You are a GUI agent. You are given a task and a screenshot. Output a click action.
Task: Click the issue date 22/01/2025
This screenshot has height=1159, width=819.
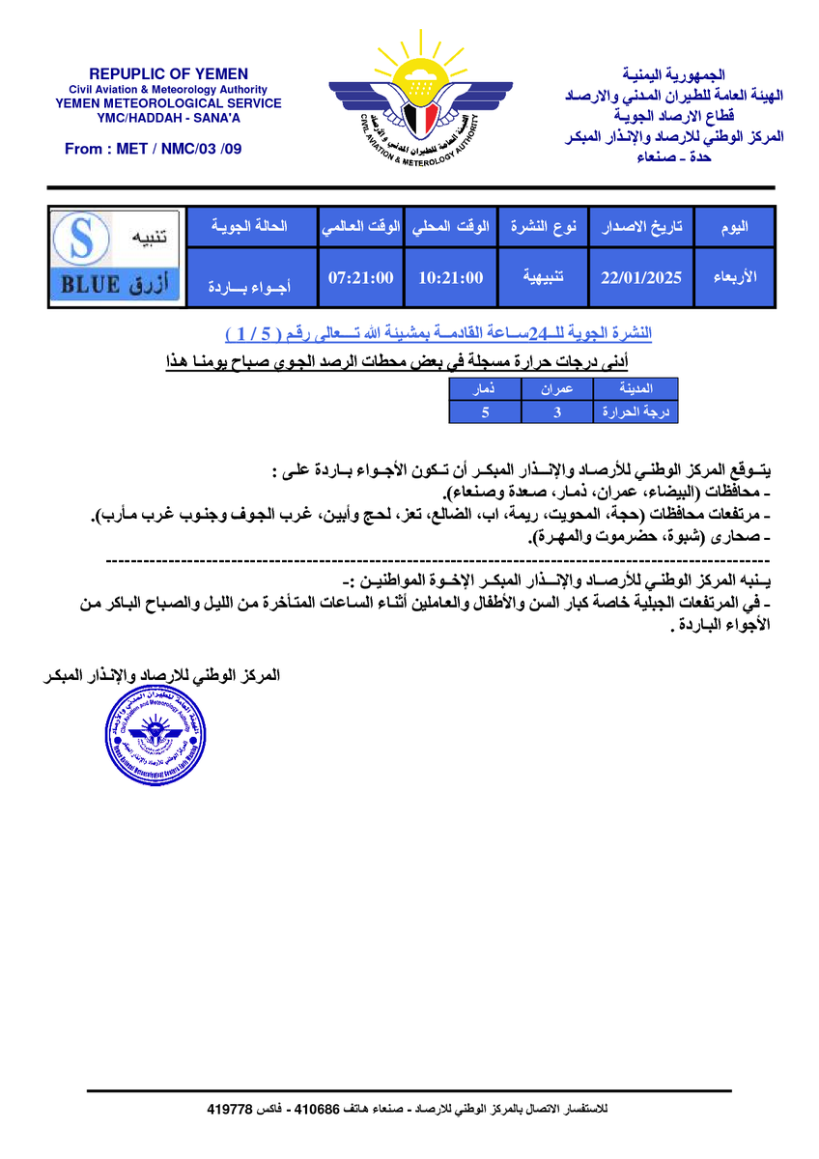[640, 278]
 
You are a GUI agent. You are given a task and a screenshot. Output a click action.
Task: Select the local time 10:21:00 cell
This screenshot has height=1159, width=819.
[450, 278]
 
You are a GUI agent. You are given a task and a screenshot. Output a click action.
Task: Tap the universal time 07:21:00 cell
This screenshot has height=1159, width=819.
[360, 278]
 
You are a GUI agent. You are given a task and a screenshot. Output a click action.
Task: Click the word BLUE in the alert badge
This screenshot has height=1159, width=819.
[91, 285]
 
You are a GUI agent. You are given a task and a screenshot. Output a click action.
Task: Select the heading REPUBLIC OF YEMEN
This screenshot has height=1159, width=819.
[169, 73]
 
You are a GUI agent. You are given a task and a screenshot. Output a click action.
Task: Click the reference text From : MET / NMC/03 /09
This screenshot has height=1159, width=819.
[154, 149]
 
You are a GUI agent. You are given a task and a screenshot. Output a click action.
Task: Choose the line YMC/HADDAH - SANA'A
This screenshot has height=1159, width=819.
[169, 118]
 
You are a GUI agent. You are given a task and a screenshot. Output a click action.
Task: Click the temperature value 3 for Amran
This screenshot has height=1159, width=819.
[557, 412]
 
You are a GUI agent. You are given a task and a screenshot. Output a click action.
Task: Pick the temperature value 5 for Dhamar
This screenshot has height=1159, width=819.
[485, 412]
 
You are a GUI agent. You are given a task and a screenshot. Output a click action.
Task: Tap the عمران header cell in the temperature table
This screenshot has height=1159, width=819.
[557, 389]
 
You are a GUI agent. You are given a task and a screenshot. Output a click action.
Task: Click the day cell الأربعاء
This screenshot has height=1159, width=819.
[734, 278]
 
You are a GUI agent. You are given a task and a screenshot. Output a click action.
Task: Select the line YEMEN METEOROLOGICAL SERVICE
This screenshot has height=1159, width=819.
[169, 103]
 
